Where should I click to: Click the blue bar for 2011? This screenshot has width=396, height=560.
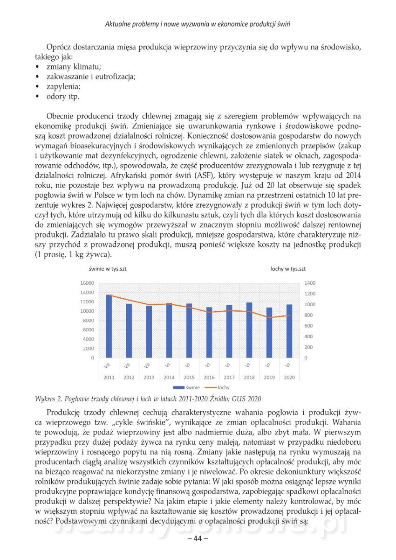(x=109, y=327)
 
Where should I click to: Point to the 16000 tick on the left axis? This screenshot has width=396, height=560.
(x=88, y=283)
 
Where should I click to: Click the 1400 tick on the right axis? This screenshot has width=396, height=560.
(x=310, y=283)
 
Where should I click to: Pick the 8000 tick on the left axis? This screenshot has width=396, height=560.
(x=89, y=321)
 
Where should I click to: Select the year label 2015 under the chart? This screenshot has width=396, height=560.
(x=189, y=377)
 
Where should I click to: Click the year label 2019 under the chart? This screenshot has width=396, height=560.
(x=269, y=377)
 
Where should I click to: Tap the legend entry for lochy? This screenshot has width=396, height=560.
(x=218, y=387)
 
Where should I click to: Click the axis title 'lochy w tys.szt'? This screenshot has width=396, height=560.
(x=288, y=269)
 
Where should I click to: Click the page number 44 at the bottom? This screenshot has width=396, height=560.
(x=198, y=538)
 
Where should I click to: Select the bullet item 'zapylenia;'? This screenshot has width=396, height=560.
(x=63, y=87)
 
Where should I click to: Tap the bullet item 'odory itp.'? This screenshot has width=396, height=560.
(x=63, y=97)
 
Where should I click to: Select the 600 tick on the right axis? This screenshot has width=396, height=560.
(x=309, y=326)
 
